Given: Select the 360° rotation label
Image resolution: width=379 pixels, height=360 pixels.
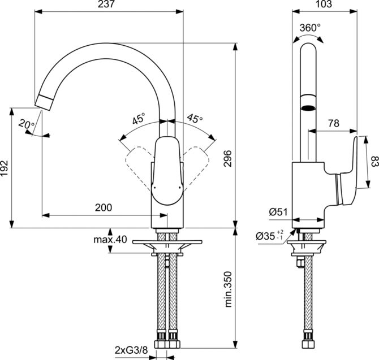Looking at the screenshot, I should point(310,27).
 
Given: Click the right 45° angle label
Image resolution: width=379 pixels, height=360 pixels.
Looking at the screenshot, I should point(195,119).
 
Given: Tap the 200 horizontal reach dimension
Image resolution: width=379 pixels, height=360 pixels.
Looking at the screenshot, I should point(103,207).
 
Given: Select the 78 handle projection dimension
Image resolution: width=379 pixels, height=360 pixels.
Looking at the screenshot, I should point(334,123).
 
